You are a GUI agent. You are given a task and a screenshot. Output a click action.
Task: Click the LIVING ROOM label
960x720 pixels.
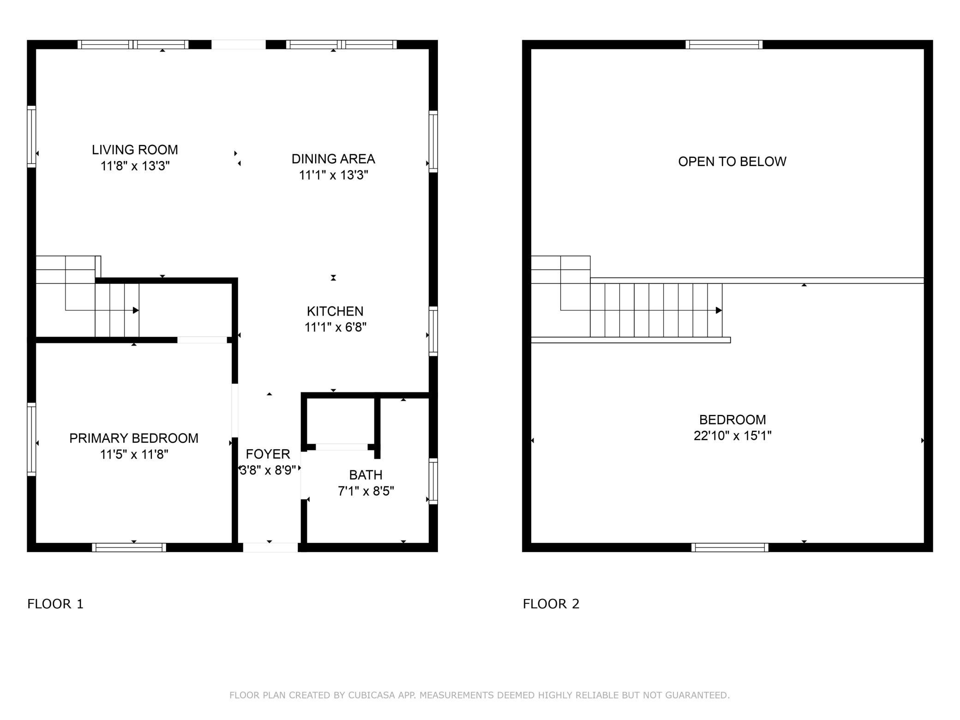coord(135,150)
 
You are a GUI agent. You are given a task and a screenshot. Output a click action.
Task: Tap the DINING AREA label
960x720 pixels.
coord(333,159)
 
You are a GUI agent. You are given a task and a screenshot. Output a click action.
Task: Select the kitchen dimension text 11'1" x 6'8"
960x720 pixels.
coord(336,327)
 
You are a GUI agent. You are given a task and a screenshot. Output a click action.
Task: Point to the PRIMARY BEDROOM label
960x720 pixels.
coord(134,438)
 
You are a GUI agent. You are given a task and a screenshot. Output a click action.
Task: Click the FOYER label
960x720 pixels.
coord(268,454)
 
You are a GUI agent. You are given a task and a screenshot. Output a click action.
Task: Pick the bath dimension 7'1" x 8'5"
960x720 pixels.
coord(366,491)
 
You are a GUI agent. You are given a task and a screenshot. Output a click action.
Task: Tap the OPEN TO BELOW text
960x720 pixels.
coord(732,162)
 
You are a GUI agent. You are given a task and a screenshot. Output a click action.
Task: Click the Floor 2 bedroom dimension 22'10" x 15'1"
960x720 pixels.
coord(732,436)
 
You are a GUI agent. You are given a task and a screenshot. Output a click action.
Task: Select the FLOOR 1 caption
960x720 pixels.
coord(55,604)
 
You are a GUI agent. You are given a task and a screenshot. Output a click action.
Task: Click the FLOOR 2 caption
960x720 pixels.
coord(551,604)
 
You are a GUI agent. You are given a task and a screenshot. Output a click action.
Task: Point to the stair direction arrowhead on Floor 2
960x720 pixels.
coord(719,311)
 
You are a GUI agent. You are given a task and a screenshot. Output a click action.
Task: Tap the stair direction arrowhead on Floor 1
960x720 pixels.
coord(136,311)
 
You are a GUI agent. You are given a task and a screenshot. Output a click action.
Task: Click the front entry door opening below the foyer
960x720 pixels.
coord(270,548)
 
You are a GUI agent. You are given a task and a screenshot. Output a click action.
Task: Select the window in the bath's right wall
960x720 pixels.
coord(433,481)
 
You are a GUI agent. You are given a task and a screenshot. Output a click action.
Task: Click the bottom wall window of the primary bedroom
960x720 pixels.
coord(129,548)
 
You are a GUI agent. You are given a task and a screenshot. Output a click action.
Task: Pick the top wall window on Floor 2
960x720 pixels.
coord(724,45)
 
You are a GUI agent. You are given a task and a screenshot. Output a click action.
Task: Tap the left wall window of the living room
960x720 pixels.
coord(31,137)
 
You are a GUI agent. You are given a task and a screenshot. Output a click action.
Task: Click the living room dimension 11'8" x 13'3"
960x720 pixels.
coord(135,166)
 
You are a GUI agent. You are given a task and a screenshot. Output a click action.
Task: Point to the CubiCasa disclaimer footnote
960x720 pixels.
coord(480,695)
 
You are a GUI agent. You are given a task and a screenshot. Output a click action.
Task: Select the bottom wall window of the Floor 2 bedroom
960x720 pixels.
coord(730,548)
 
